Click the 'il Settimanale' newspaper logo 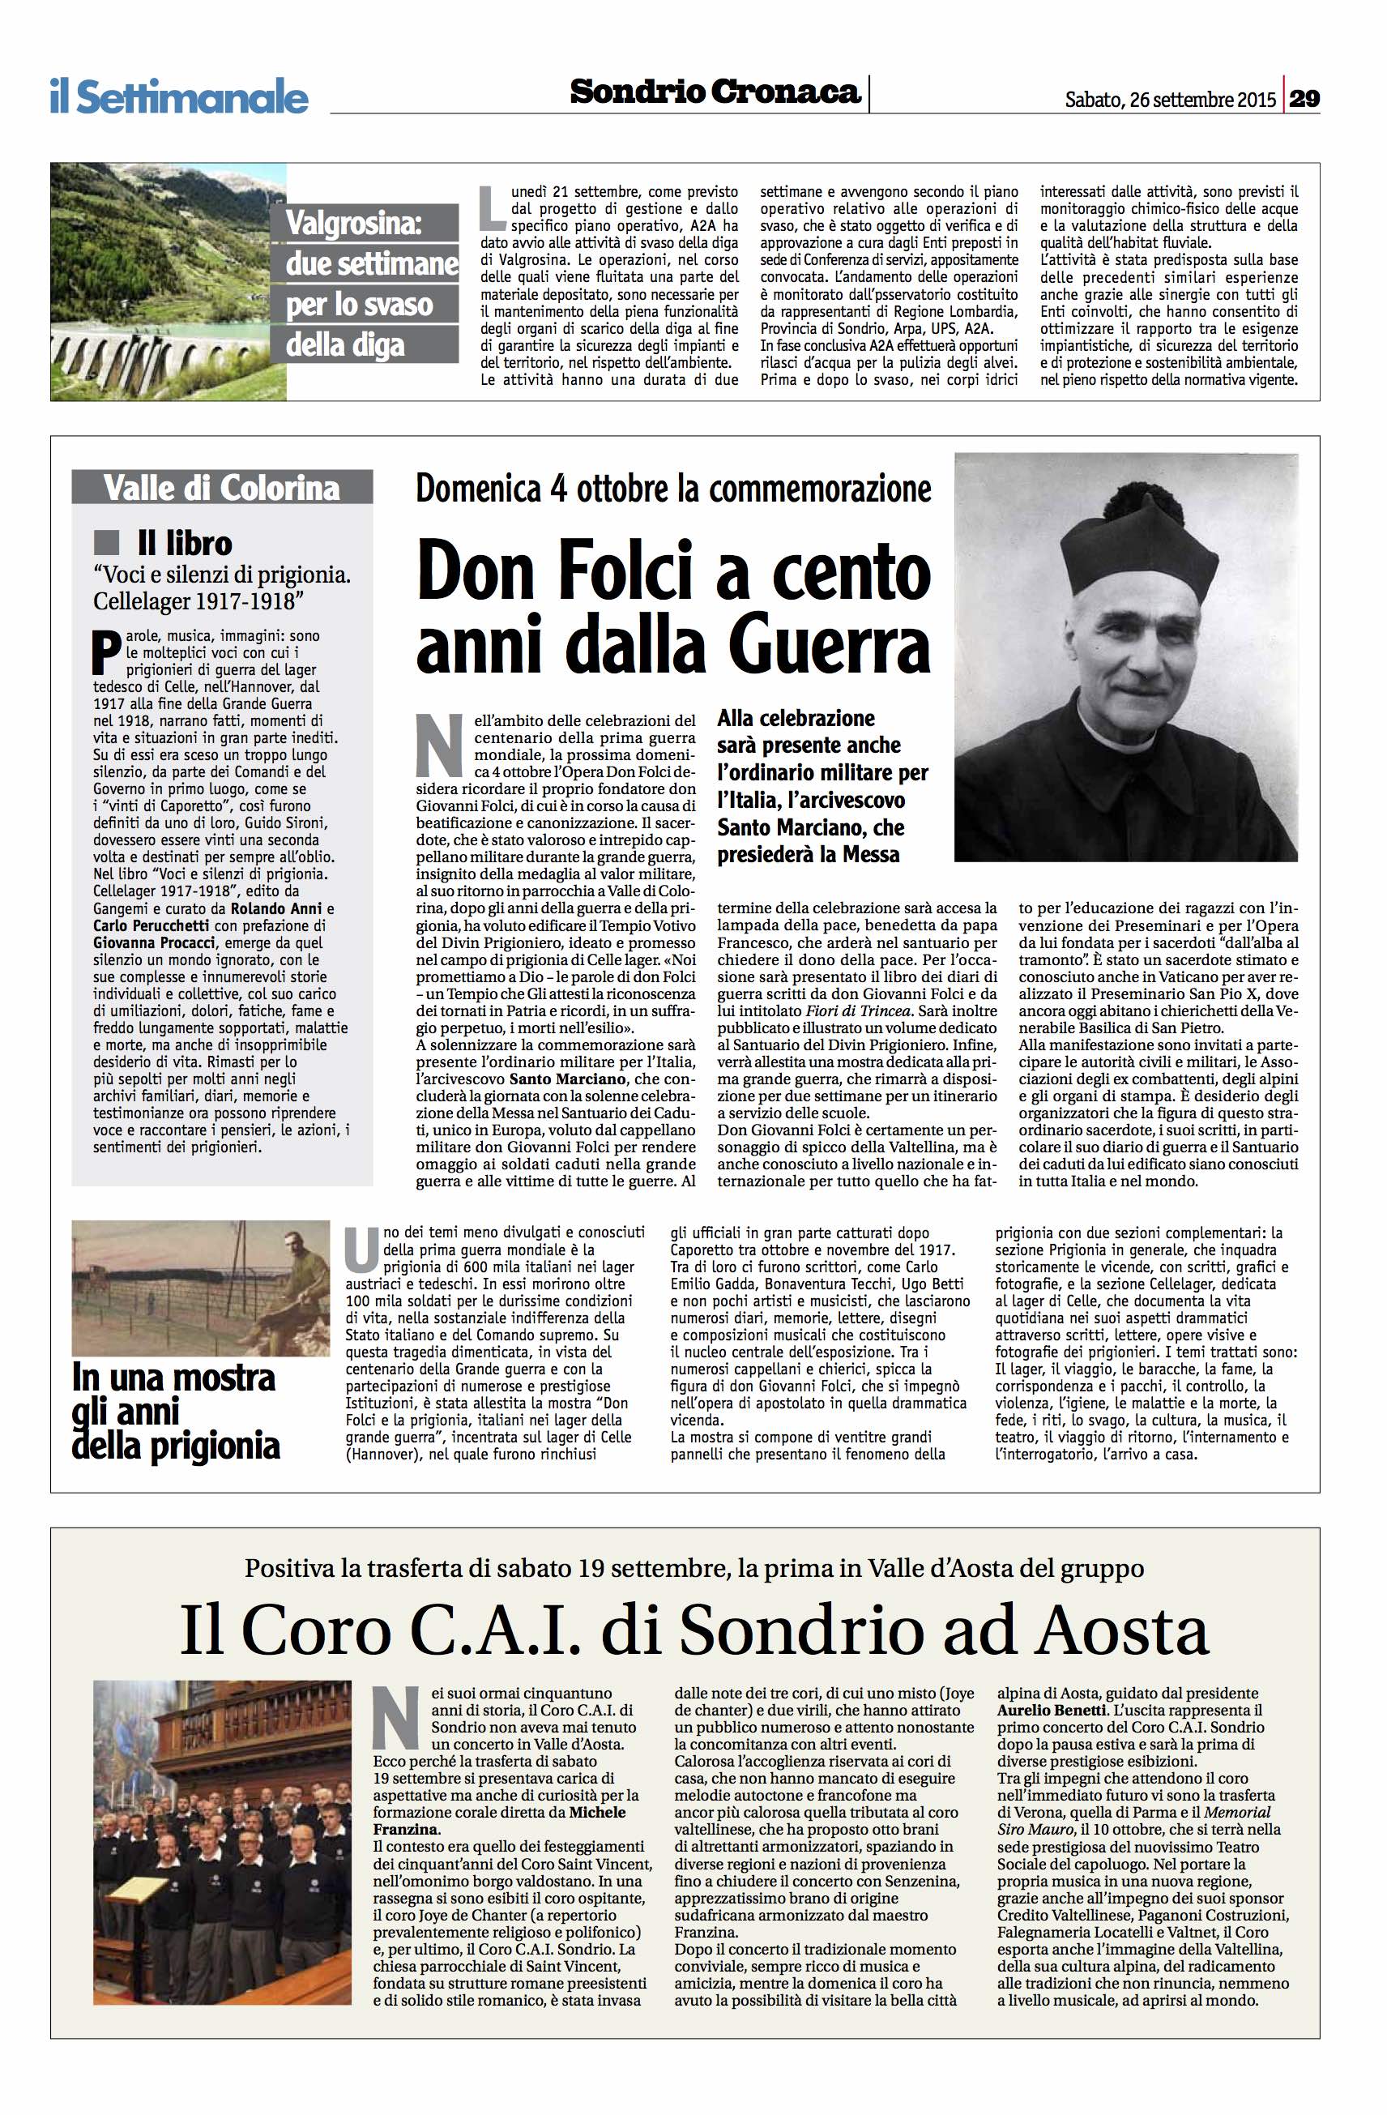tap(178, 96)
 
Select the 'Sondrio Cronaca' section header tap(715, 92)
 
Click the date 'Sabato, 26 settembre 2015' tap(1170, 100)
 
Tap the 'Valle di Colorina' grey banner tap(221, 487)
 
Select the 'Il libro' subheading tap(184, 542)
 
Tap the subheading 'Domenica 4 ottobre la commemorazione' tap(673, 488)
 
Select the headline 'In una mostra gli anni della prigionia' tap(175, 1412)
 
